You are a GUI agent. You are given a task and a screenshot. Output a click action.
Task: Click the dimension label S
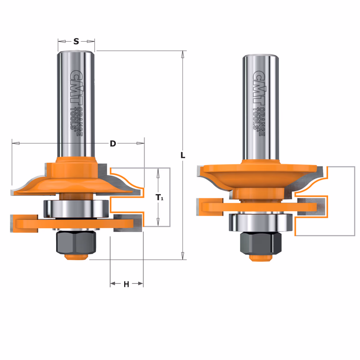click(x=76, y=41)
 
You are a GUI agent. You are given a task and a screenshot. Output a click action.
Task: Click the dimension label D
click(x=112, y=143)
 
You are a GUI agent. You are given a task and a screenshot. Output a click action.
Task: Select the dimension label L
click(x=183, y=156)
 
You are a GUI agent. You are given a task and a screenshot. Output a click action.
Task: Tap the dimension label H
click(x=126, y=284)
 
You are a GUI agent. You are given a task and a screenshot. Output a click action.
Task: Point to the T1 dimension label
click(x=159, y=197)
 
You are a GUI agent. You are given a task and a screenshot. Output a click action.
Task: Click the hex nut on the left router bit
click(x=76, y=242)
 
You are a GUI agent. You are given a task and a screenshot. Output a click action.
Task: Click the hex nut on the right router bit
click(x=261, y=244)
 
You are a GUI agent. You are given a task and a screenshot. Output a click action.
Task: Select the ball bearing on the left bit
click(x=76, y=209)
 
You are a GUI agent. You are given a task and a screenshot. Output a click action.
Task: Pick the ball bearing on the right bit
click(x=261, y=223)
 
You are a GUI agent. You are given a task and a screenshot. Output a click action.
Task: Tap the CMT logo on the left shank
click(x=77, y=90)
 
